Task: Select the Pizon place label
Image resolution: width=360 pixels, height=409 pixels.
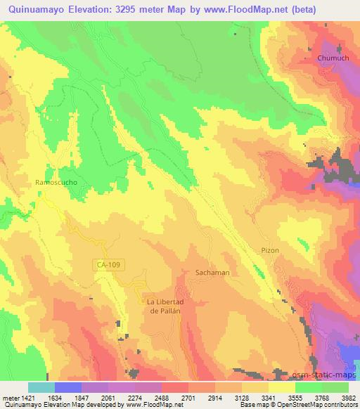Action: point(270,250)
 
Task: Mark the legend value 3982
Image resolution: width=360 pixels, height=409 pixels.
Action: point(349,397)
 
